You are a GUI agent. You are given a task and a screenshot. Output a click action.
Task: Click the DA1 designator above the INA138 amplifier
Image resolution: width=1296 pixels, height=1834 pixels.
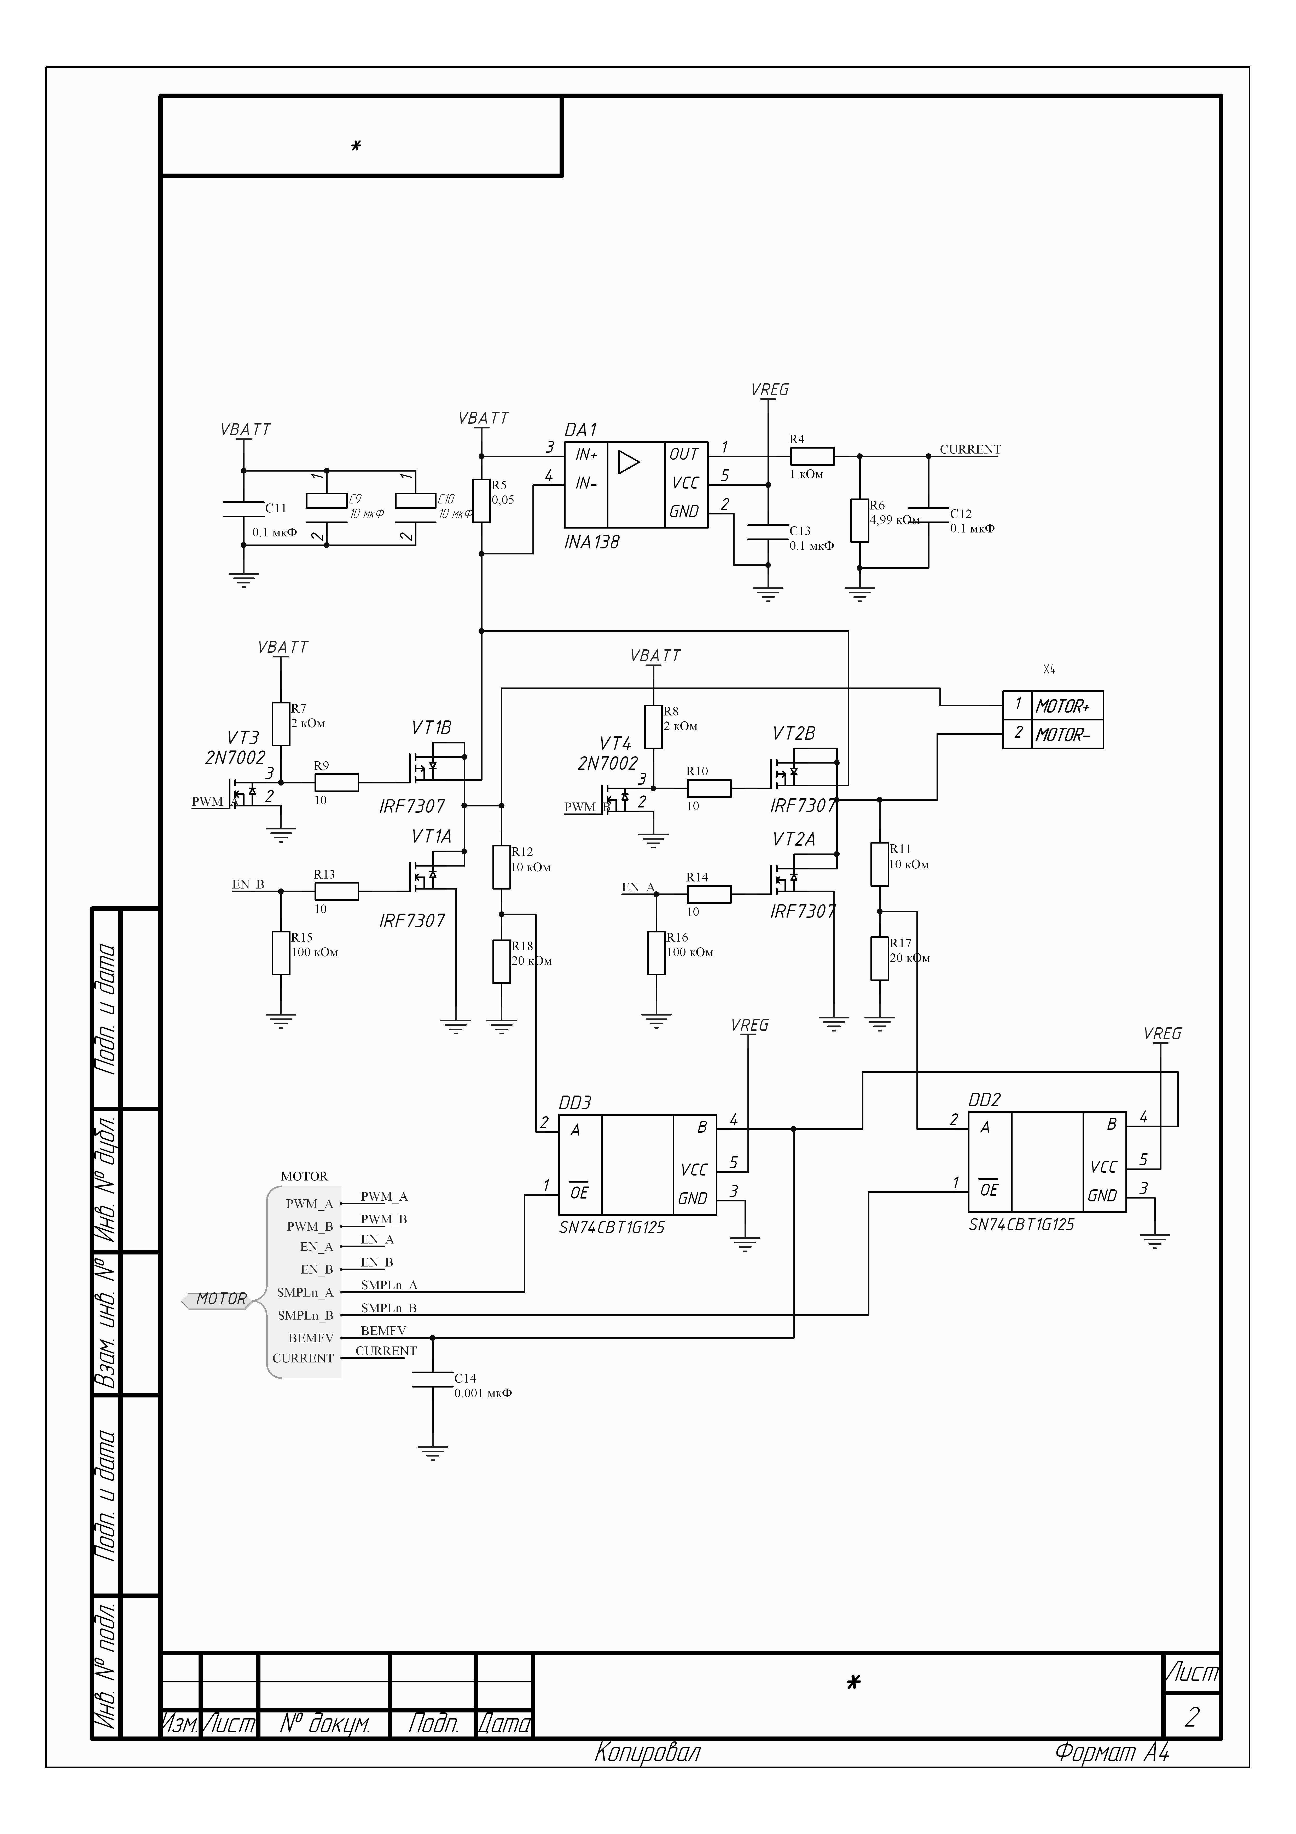tap(580, 430)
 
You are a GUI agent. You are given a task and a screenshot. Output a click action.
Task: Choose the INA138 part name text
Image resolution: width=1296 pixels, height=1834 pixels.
tap(592, 542)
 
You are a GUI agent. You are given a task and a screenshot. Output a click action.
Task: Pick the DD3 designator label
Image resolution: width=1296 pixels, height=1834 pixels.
tap(575, 1103)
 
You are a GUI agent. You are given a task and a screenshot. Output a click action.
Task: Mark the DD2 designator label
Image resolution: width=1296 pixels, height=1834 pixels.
tap(985, 1100)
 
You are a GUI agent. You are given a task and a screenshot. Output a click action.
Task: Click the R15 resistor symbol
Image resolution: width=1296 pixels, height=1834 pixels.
tap(280, 953)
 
